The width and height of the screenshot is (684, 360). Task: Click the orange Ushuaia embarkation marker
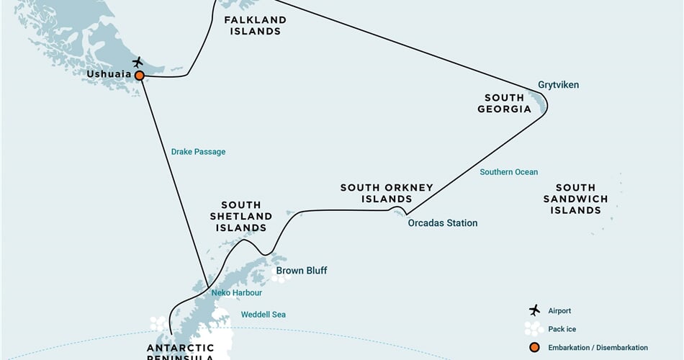pyautogui.click(x=139, y=74)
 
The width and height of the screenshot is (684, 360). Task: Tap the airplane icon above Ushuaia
pyautogui.click(x=138, y=62)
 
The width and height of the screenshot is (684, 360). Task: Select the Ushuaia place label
pyautogui.click(x=109, y=74)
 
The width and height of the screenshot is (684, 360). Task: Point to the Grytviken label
pyautogui.click(x=558, y=85)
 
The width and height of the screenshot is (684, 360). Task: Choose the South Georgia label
pyautogui.click(x=504, y=103)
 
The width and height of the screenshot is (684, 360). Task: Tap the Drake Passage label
pyautogui.click(x=198, y=152)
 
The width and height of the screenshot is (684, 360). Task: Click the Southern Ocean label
pyautogui.click(x=509, y=172)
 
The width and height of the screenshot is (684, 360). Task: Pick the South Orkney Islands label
pyautogui.click(x=387, y=193)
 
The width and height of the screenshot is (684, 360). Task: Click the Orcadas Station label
pyautogui.click(x=442, y=223)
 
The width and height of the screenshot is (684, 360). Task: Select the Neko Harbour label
pyautogui.click(x=236, y=293)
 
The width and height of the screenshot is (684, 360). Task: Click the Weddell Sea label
pyautogui.click(x=263, y=315)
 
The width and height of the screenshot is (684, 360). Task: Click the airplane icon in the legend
pyautogui.click(x=534, y=310)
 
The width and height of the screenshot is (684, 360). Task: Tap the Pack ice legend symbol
pyautogui.click(x=534, y=328)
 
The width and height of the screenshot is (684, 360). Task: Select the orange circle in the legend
pyautogui.click(x=534, y=347)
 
